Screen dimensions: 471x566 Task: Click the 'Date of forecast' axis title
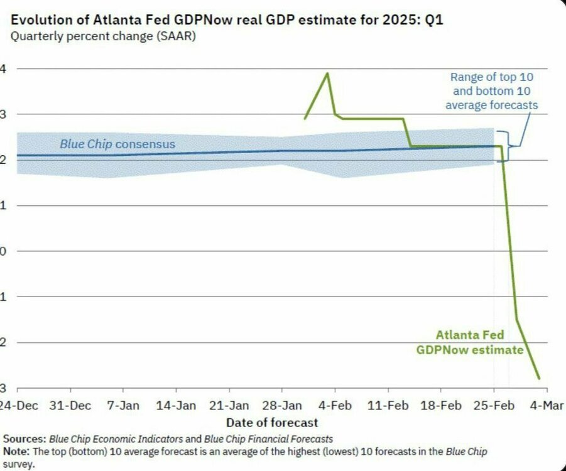pos(272,422)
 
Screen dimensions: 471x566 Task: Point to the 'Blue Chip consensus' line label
pos(117,144)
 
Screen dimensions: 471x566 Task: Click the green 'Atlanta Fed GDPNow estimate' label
pos(469,343)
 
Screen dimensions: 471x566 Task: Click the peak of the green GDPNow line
pos(327,73)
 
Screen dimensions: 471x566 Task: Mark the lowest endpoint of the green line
pos(539,379)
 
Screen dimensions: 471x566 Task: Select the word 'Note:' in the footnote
pos(17,452)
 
